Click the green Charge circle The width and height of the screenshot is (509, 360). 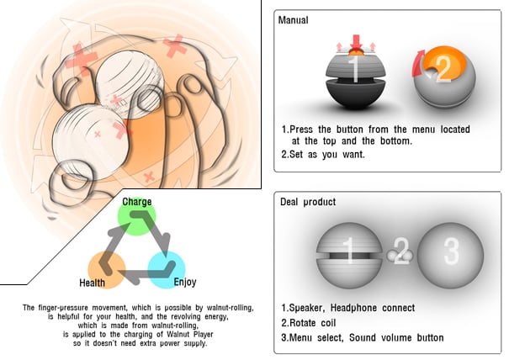(137, 218)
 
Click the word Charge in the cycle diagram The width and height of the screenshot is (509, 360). (137, 203)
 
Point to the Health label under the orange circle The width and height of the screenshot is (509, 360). (93, 283)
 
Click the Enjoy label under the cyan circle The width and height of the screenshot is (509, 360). (184, 283)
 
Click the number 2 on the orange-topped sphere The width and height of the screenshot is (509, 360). (443, 68)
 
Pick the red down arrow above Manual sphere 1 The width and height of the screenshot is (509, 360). (355, 40)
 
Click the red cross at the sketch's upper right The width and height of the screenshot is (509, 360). (175, 45)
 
